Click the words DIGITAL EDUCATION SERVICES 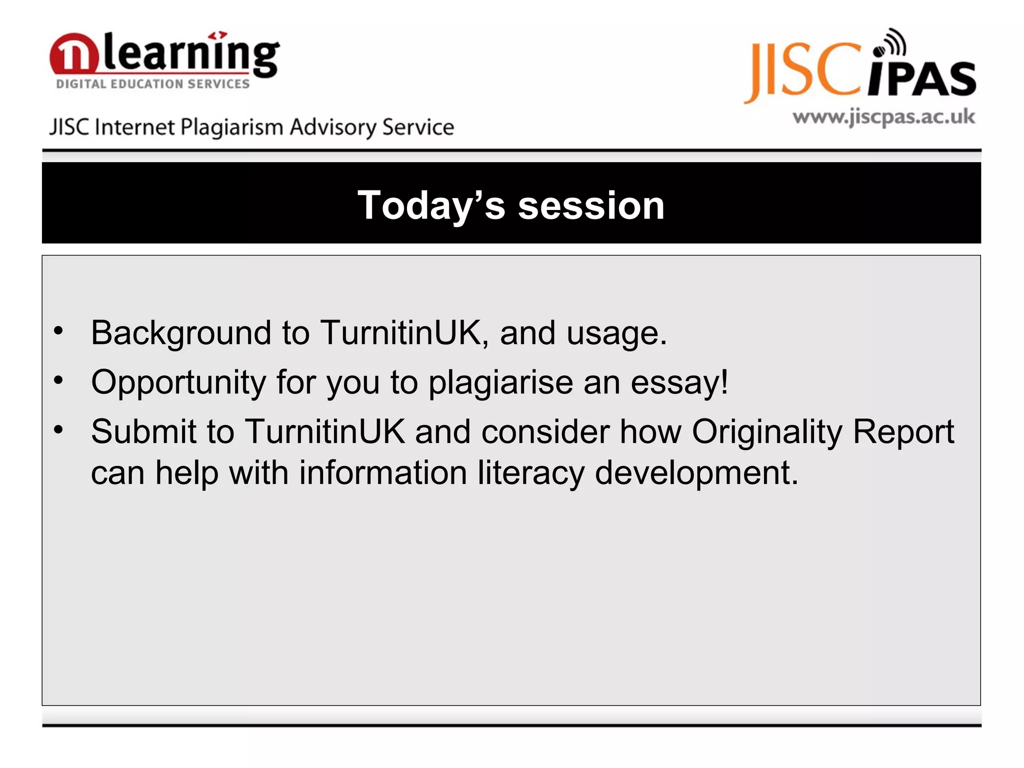(152, 84)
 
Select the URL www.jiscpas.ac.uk (883, 117)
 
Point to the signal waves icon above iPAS (892, 42)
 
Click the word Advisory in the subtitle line (332, 127)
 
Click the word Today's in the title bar (431, 205)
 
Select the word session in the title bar (591, 205)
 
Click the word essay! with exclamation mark (679, 382)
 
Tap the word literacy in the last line (530, 473)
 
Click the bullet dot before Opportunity (58, 380)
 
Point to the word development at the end (696, 473)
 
